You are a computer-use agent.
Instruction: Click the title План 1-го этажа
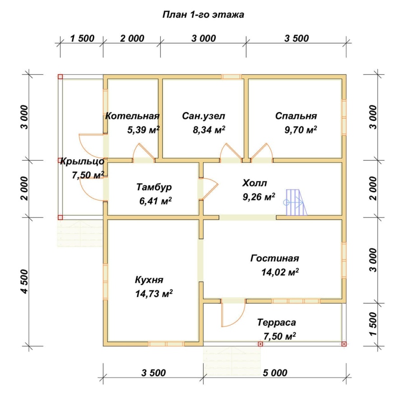203,15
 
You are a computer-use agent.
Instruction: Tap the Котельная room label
132,116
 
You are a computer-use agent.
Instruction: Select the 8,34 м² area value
209,129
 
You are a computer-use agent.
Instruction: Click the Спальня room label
296,116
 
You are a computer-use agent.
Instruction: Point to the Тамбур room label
154,187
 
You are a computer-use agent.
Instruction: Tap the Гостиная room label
274,258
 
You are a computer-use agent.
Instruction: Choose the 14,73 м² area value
154,294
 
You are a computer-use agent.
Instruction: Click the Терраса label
276,323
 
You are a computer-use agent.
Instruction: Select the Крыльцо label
83,161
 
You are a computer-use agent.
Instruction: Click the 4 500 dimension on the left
25,281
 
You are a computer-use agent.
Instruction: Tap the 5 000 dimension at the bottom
275,373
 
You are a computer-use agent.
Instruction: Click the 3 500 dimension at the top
296,38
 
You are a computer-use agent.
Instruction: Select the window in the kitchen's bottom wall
166,344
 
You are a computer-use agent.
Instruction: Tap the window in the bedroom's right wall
344,117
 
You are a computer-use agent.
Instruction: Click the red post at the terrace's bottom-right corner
344,344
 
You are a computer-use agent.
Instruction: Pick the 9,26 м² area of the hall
259,197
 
